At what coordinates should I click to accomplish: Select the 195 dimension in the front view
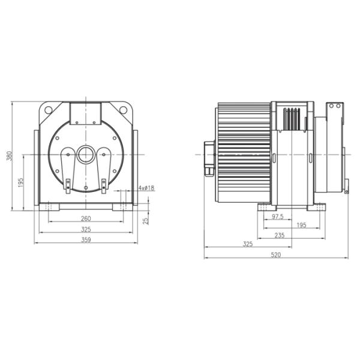pyautogui.click(x=20, y=182)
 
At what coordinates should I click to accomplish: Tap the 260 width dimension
pyautogui.click(x=86, y=218)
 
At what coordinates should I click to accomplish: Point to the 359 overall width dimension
pyautogui.click(x=86, y=240)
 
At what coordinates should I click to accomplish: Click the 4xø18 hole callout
pyautogui.click(x=146, y=188)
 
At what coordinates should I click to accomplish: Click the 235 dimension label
pyautogui.click(x=279, y=236)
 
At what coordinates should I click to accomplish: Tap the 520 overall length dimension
pyautogui.click(x=275, y=255)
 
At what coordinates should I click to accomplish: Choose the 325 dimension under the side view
pyautogui.click(x=247, y=244)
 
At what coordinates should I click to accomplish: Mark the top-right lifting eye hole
pyautogui.click(x=124, y=110)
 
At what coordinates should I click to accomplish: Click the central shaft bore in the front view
pyautogui.click(x=86, y=155)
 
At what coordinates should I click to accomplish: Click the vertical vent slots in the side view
pyautogui.click(x=292, y=119)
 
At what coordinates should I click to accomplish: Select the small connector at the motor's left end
pyautogui.click(x=209, y=158)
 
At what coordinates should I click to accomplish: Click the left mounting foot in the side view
pyautogui.click(x=266, y=207)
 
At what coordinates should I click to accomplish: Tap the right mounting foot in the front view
pyautogui.click(x=121, y=207)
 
